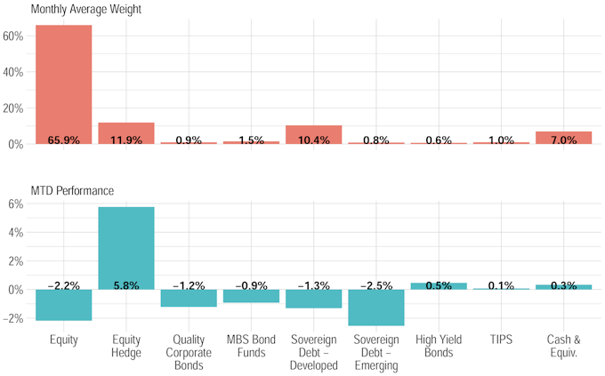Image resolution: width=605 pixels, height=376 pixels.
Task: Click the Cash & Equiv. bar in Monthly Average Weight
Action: tap(563, 138)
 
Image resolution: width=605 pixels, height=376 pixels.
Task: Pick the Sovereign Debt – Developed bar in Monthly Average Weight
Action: tap(313, 134)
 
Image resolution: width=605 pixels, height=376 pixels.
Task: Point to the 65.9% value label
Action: tap(63, 140)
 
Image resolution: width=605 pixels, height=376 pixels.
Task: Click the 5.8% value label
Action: tap(125, 285)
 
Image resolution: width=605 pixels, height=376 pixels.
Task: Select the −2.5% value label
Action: tap(376, 285)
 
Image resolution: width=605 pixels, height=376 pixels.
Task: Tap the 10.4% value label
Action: tap(313, 140)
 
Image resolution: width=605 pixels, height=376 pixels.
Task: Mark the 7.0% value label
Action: tap(563, 140)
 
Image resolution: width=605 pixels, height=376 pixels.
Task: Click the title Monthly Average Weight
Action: tap(85, 10)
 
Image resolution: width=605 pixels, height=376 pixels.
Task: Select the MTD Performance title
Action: tap(71, 190)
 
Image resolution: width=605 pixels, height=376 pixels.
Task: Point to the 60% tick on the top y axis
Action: tap(13, 36)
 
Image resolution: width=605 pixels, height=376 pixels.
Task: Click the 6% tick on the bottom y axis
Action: tap(16, 204)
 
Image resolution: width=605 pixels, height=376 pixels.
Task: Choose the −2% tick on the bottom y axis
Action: tap(13, 318)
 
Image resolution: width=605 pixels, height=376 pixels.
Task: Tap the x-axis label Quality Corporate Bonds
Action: tap(189, 352)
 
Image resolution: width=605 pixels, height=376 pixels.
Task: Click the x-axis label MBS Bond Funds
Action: tap(251, 346)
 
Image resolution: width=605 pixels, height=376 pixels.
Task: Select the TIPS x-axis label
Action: tap(501, 340)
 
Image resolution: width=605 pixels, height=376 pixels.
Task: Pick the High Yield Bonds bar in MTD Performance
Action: tap(439, 286)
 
